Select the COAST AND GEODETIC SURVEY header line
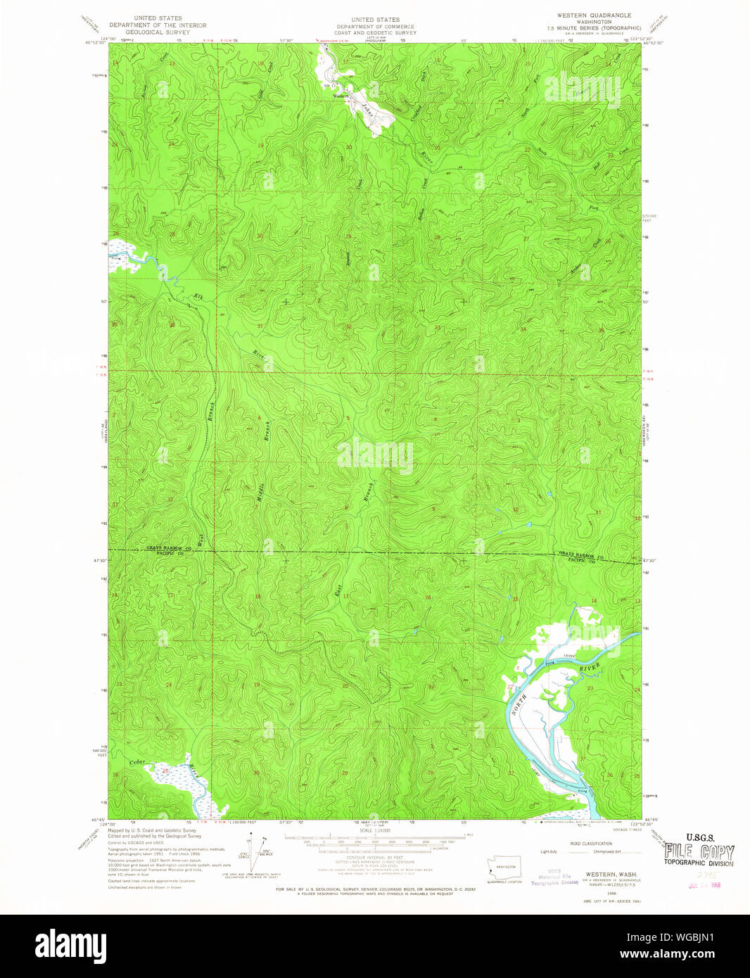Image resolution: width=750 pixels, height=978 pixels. click(375, 33)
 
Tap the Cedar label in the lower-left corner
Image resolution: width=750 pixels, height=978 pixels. click(137, 762)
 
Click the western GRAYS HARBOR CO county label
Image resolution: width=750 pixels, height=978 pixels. click(165, 547)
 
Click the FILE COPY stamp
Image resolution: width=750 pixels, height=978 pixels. click(700, 853)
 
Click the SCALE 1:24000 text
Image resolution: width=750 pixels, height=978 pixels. click(374, 831)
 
